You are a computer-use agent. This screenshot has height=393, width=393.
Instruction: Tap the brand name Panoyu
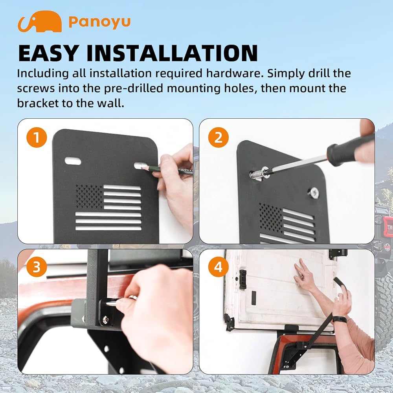99,22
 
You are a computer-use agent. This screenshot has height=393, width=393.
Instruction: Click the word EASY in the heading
48,53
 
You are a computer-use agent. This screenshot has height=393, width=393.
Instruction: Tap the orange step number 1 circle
37,137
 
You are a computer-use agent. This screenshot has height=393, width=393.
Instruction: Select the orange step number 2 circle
218,137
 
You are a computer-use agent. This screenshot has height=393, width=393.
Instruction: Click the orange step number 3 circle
37,267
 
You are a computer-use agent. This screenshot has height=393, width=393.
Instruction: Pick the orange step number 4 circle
218,267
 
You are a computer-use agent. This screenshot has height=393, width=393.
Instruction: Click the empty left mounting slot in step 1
73,161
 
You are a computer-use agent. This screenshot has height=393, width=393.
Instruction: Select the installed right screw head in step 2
313,193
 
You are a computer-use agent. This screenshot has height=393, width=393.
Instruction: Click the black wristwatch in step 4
340,319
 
